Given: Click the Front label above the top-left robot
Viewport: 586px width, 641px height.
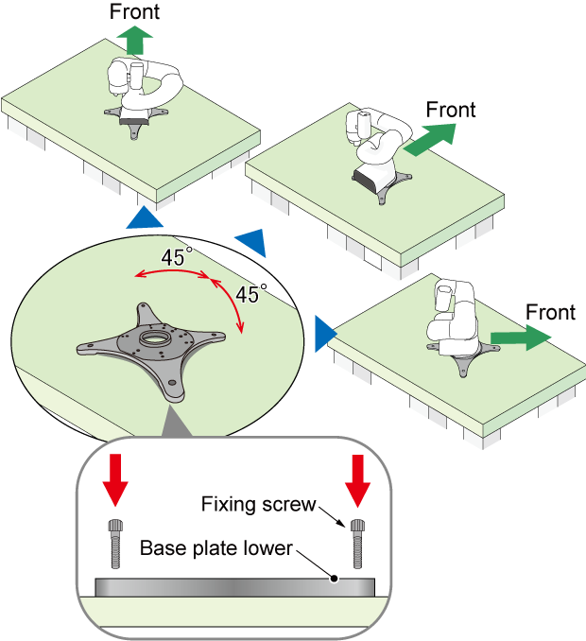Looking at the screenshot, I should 135,11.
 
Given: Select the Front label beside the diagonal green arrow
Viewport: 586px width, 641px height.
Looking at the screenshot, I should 450,110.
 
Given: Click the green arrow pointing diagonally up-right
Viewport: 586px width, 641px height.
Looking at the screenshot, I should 429,138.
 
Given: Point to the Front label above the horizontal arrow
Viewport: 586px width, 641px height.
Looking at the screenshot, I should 550,312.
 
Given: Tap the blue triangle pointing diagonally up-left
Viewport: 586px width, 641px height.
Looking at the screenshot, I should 252,242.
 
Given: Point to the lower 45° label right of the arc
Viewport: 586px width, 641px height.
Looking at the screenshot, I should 251,294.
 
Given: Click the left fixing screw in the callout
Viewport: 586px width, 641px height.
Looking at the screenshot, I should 116,544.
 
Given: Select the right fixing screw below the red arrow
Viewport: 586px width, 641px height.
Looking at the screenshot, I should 357,543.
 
